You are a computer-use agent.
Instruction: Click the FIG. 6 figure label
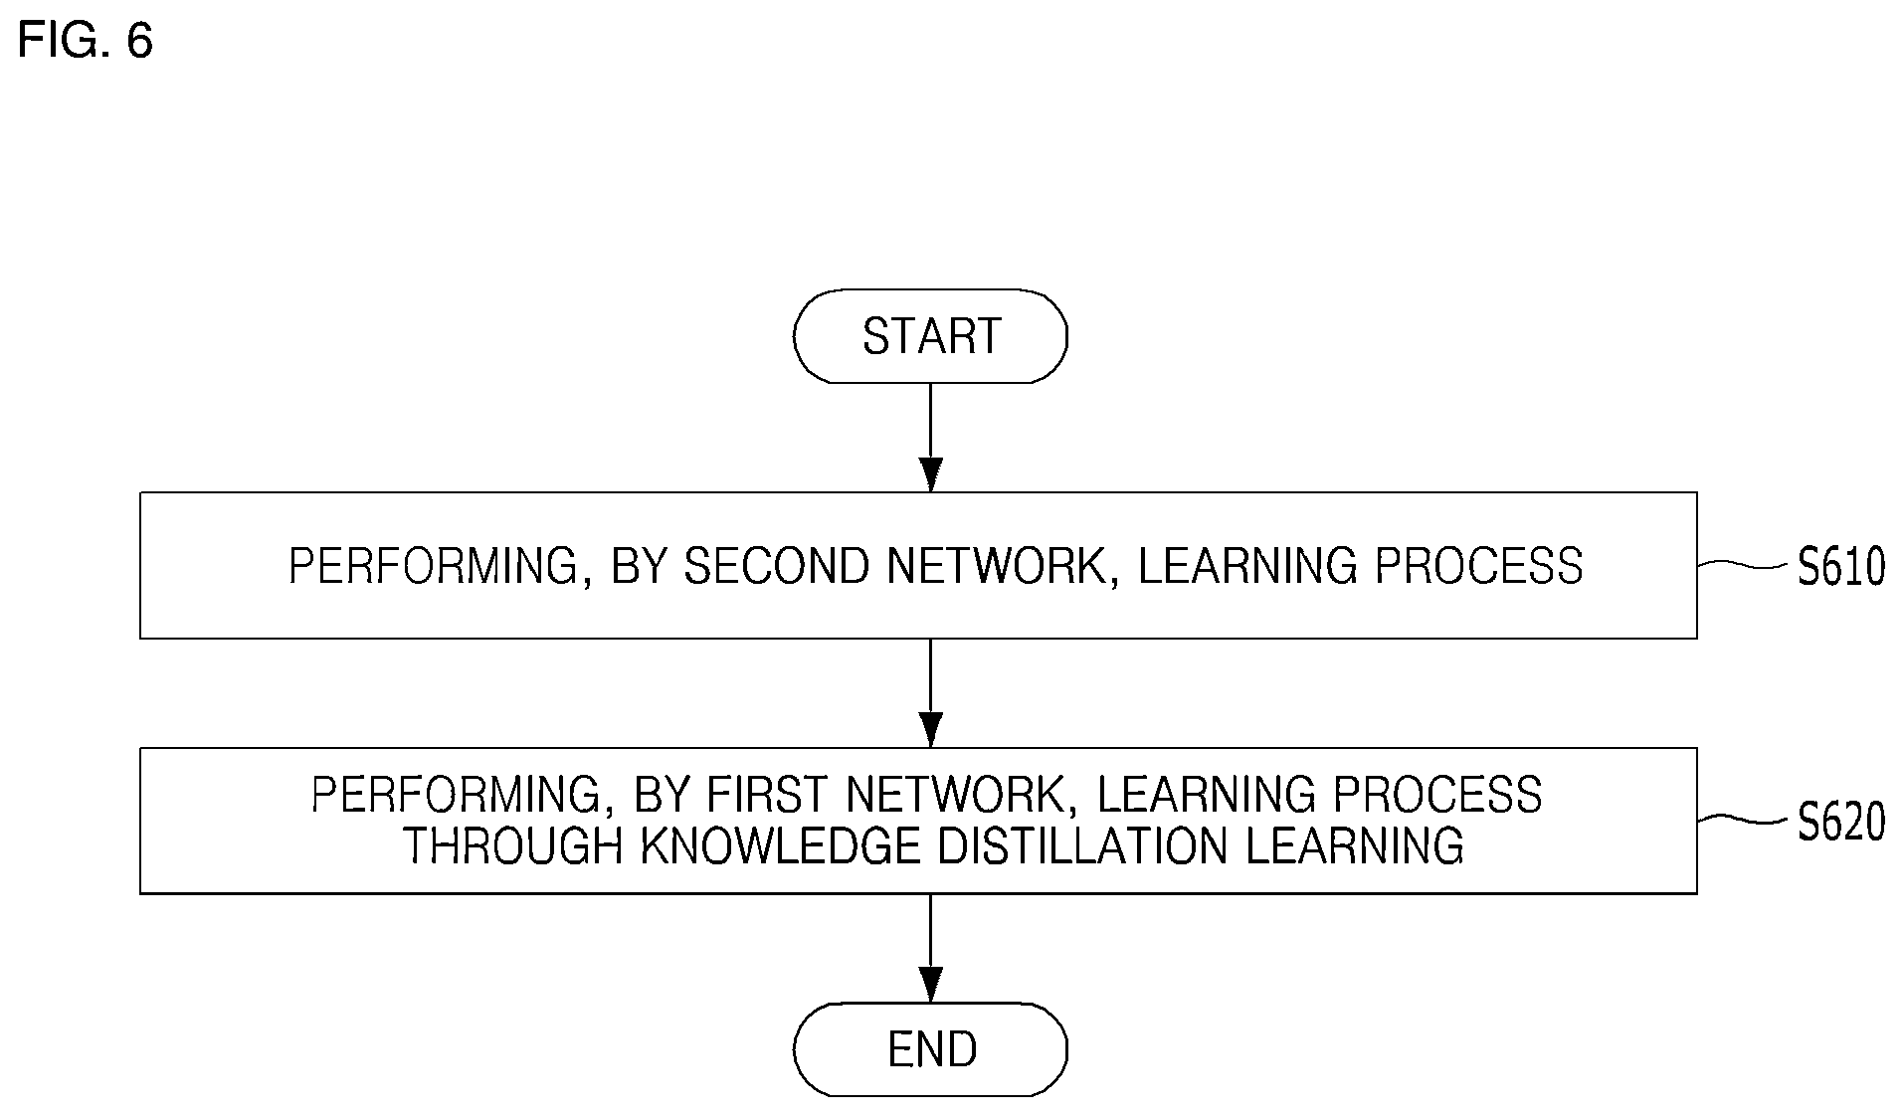[x=86, y=41]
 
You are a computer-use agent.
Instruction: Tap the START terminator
[x=930, y=336]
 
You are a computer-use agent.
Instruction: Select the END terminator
[x=930, y=1049]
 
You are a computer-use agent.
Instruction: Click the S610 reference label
[x=1841, y=567]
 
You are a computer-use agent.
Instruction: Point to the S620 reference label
[x=1841, y=823]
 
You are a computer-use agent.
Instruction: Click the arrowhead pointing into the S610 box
[x=930, y=474]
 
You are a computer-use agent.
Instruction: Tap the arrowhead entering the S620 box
[x=930, y=730]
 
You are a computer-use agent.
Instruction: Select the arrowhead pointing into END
[x=930, y=985]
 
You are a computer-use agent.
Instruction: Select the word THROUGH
[x=513, y=845]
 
